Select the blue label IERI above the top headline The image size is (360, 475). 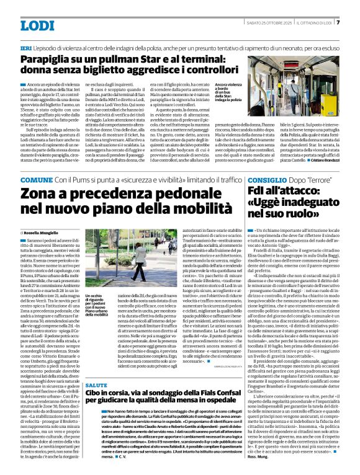[26, 48]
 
